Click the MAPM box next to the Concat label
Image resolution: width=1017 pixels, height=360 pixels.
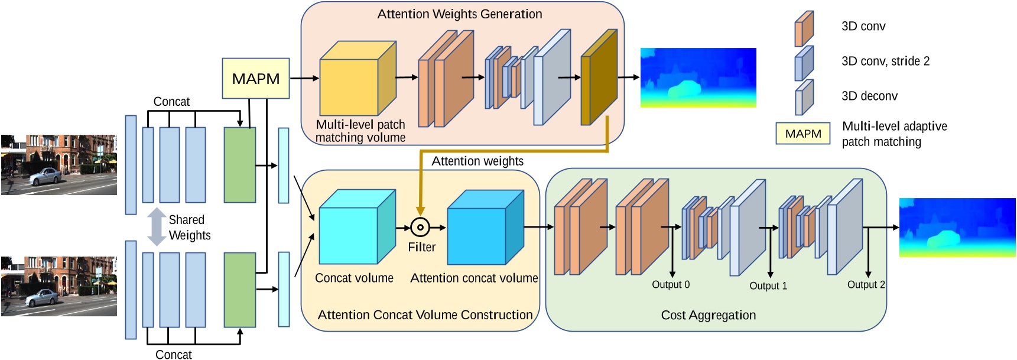click(255, 78)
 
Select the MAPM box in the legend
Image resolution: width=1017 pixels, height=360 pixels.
click(802, 134)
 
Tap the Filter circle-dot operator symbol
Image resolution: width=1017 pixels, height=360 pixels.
click(420, 227)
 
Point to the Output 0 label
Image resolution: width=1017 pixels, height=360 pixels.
click(670, 285)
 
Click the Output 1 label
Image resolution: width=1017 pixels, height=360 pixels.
click(768, 286)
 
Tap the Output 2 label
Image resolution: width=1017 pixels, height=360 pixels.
click(866, 285)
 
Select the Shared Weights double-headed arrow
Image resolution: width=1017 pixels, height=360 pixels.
click(156, 227)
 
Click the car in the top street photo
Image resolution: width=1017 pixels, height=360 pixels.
click(44, 176)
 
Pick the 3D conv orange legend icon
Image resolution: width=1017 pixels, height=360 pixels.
click(804, 28)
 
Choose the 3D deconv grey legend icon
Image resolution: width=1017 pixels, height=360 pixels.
click(804, 98)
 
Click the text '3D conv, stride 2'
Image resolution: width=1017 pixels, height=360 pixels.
click(885, 61)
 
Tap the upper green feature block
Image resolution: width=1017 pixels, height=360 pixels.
click(239, 165)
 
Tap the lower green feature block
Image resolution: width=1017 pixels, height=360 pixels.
click(239, 290)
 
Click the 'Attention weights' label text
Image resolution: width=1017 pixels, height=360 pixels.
click(477, 161)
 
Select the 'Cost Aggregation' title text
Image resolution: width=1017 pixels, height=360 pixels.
click(708, 315)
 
